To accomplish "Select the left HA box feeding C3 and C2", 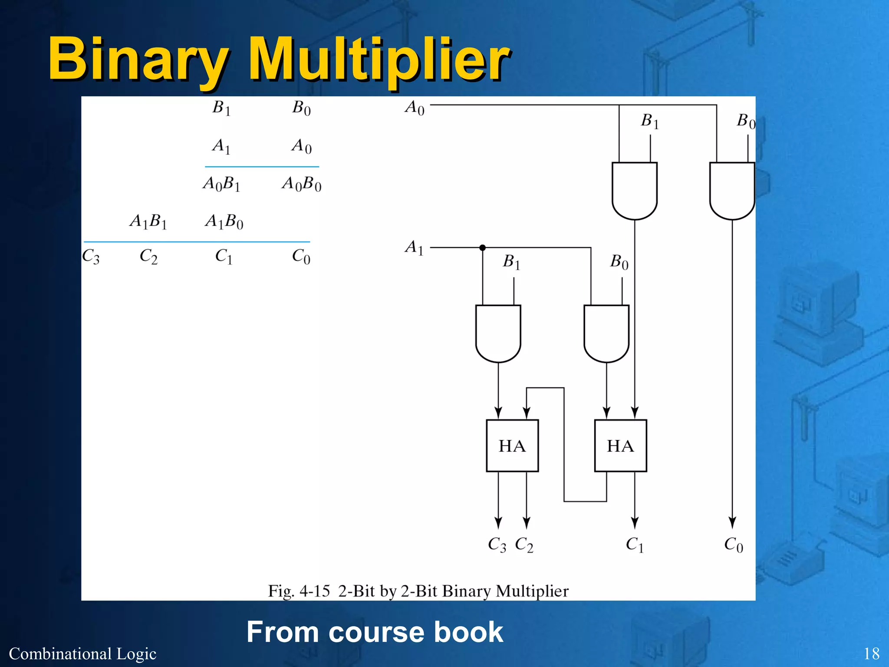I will (512, 446).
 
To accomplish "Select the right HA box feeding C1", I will (620, 446).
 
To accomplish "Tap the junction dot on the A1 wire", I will (482, 248).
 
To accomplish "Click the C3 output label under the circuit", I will (497, 545).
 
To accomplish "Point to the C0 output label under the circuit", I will (733, 545).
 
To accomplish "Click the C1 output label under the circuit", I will (634, 545).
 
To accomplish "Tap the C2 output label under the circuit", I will (524, 545).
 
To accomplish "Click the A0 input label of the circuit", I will (415, 107).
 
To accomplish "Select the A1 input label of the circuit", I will (414, 248).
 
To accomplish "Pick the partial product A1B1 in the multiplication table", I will (148, 221).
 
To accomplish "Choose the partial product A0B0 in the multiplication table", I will (301, 184).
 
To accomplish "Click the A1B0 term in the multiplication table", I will (224, 221).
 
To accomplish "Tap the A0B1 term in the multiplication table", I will (221, 184).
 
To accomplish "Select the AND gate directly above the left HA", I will (498, 333).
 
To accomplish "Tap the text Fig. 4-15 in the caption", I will (299, 591).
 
